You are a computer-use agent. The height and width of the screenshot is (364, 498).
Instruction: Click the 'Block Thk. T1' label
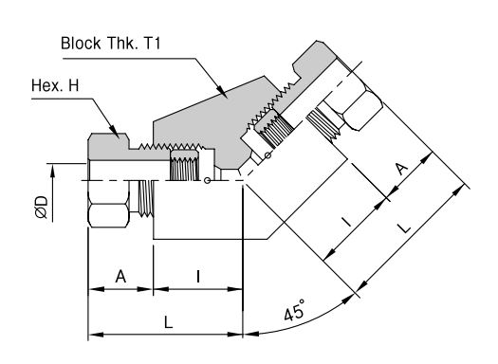tap(111, 44)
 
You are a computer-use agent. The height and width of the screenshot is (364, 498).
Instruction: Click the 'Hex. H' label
tap(55, 85)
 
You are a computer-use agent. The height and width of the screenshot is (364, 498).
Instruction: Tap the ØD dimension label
tap(42, 208)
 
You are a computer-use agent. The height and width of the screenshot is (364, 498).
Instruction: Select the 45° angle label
tap(294, 310)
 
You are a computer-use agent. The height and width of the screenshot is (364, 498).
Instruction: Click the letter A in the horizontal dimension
tap(120, 277)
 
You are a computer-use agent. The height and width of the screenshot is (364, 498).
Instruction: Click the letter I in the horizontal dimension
tap(198, 277)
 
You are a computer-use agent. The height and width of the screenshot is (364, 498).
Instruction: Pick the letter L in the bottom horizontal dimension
tap(168, 322)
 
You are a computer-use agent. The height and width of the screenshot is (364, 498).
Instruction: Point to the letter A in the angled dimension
tap(402, 169)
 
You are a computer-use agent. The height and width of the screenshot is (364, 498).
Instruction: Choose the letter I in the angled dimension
tap(346, 222)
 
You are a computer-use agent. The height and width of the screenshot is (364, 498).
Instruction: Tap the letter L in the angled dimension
tap(404, 227)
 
